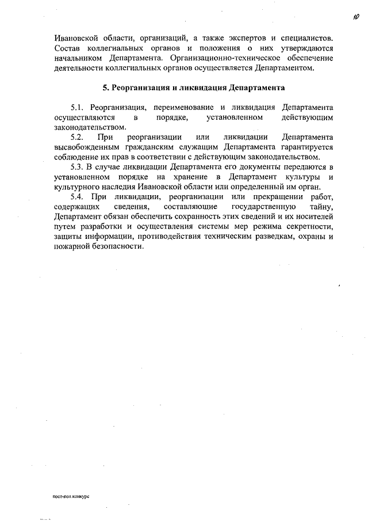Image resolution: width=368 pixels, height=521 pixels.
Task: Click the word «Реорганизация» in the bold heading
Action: point(137,89)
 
